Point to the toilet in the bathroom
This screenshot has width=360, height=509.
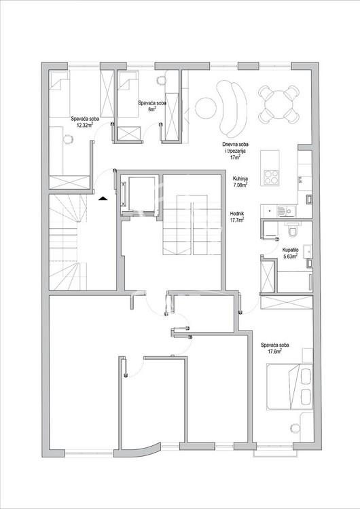coord(291,227)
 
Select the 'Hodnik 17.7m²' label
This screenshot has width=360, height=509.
coord(238,215)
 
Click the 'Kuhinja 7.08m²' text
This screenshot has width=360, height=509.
coord(240,181)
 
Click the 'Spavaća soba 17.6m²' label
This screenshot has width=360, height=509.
coord(274,348)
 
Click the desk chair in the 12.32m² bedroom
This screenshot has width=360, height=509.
coord(68,139)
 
